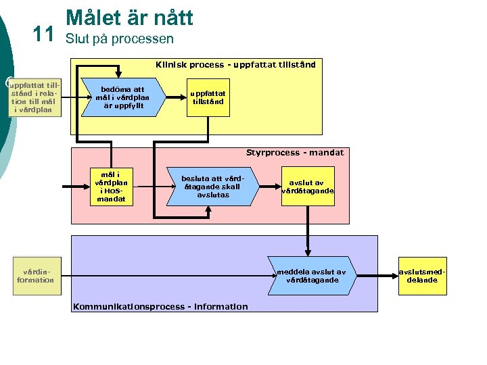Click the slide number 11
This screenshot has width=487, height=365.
click(42, 34)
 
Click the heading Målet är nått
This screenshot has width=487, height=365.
click(129, 17)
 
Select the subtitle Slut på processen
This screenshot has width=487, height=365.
click(119, 39)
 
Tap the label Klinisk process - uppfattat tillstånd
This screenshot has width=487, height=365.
click(235, 65)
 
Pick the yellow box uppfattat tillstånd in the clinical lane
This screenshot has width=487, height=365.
click(208, 98)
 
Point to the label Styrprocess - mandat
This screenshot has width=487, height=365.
click(294, 153)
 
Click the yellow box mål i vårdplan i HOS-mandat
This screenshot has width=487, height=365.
click(111, 186)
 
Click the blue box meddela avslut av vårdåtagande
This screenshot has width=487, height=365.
click(311, 276)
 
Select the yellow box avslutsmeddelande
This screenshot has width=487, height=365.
click(422, 276)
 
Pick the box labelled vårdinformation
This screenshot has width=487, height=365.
click(35, 276)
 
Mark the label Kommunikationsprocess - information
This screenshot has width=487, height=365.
click(160, 307)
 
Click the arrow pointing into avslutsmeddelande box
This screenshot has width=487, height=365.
click(376, 276)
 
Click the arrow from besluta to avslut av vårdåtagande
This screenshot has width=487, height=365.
click(270, 186)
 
